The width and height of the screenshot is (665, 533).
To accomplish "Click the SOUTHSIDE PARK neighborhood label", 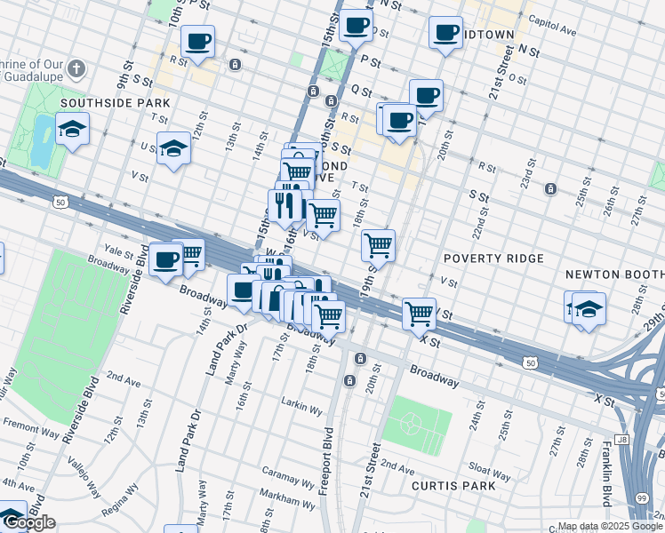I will pos(115,103).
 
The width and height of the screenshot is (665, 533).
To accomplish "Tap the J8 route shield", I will pos(622,439).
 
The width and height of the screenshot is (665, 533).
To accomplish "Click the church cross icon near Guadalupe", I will pos(77,68).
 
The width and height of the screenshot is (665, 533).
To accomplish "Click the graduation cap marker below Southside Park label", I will pos(73,130).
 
